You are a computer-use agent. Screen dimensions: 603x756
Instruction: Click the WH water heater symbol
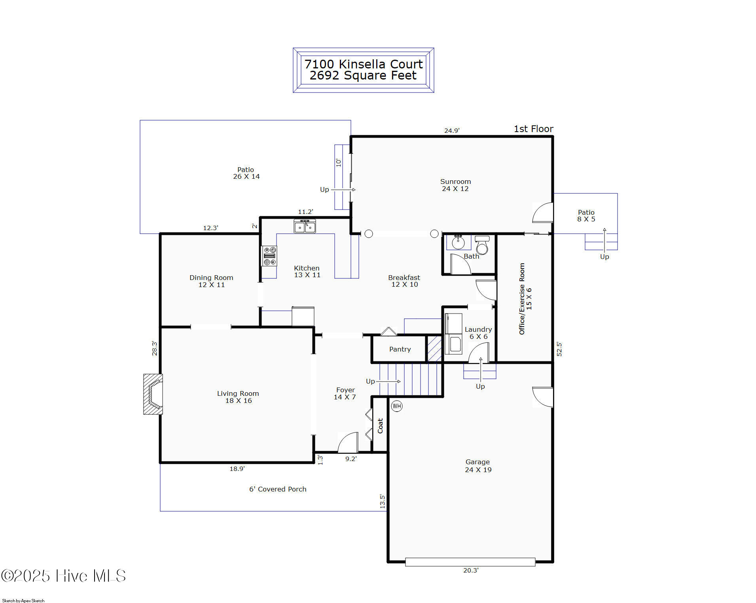[x=396, y=406]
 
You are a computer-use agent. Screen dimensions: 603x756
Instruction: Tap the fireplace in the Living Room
[x=153, y=394]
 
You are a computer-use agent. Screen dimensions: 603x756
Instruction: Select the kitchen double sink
[x=305, y=227]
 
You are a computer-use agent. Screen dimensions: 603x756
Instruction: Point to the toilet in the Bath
[x=482, y=245]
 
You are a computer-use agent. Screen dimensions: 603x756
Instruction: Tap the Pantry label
[x=400, y=349]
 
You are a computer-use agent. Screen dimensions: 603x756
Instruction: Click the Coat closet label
[x=380, y=426]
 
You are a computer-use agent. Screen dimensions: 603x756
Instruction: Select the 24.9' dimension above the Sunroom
[x=451, y=130]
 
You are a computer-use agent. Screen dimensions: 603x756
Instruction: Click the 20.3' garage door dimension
[x=470, y=570]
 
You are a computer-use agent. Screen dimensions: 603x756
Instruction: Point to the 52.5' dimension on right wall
[x=559, y=349]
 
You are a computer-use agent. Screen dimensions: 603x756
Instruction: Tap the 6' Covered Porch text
[x=277, y=489]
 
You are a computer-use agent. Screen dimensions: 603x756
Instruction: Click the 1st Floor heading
[x=533, y=129]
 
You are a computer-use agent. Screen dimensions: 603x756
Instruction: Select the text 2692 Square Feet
[x=363, y=76]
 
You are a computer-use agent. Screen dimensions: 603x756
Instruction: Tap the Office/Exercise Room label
[x=525, y=299]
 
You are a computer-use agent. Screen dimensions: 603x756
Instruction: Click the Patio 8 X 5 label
[x=586, y=215]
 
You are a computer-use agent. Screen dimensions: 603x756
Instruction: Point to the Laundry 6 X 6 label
[x=478, y=333]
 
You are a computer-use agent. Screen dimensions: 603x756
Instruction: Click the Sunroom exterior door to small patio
[x=543, y=213]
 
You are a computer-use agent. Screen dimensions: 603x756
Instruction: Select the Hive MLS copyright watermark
[x=63, y=576]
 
